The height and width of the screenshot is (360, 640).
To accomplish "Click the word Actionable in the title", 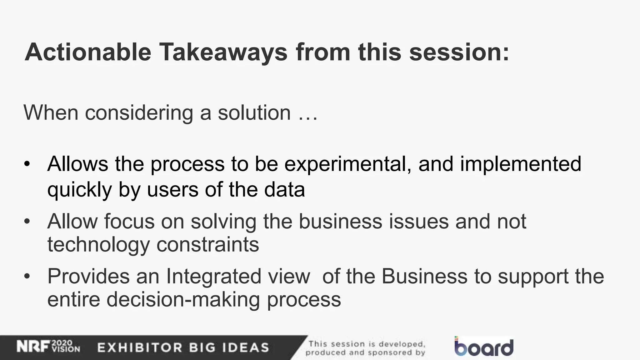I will (x=88, y=52).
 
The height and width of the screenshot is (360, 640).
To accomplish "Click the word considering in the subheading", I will (x=139, y=113).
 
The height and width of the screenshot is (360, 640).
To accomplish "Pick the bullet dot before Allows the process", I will (x=27, y=164).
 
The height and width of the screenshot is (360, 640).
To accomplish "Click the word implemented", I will (x=521, y=164).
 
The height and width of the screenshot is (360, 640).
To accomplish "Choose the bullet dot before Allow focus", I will (x=27, y=222).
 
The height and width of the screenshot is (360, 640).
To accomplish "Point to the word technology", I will (x=98, y=245).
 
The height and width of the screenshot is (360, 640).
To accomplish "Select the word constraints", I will (x=207, y=244).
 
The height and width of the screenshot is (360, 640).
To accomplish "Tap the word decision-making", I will (x=183, y=300).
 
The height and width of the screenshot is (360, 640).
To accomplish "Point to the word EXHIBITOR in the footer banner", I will (x=139, y=347).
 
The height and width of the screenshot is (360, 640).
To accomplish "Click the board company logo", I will (x=484, y=347).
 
